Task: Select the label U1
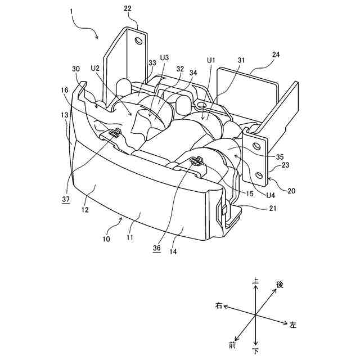[211, 58]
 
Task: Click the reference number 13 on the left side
[65, 115]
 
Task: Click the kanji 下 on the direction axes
[256, 351]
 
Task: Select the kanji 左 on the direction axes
[293, 325]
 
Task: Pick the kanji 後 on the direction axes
[280, 285]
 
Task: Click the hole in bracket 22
[137, 40]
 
